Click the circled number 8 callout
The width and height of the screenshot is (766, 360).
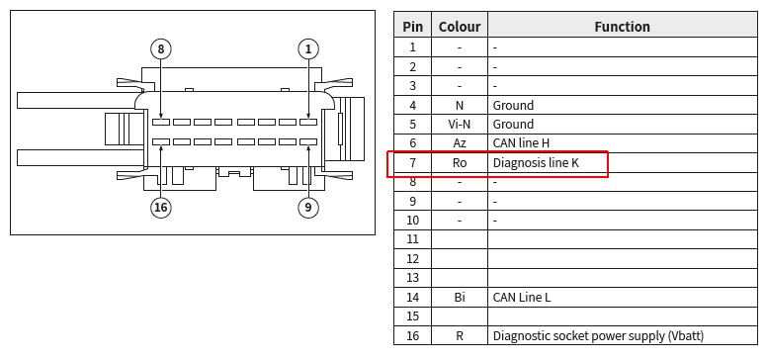coord(161,48)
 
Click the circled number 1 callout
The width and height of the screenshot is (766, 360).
coord(308,48)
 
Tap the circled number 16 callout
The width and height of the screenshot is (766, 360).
coord(161,208)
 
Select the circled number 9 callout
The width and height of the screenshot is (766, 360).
coord(308,208)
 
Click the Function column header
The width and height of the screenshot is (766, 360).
coord(622,27)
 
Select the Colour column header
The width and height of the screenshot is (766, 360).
coord(460,27)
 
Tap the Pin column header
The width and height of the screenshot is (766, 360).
coord(413,27)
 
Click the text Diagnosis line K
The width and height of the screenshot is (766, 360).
coord(536,162)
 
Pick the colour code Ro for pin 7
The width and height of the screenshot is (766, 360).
coord(460,162)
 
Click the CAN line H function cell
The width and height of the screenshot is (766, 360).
coord(521,143)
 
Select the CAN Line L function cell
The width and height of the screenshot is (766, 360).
coord(522,297)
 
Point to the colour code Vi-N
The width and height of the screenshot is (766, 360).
coord(460,125)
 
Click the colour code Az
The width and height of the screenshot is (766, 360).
coord(460,143)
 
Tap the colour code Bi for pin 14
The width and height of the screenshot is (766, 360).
coord(460,297)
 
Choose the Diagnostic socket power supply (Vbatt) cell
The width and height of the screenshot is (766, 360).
coord(598,335)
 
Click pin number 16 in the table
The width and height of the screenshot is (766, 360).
coord(413,335)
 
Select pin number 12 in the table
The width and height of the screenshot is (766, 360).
coord(413,259)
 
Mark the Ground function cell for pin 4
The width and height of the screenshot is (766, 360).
coord(513,105)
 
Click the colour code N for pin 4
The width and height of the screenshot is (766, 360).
coord(460,105)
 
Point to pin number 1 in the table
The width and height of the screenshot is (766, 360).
coord(413,47)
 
